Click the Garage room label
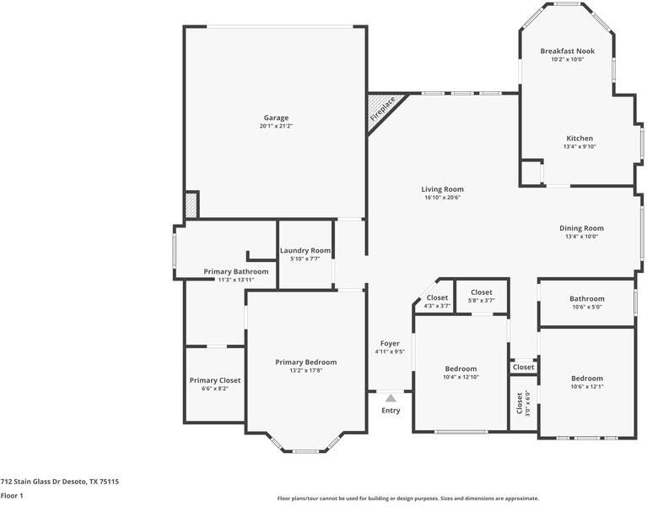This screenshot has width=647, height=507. click(276, 117)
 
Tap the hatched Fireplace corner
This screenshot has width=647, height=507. click(382, 109)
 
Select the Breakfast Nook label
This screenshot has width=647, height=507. click(568, 52)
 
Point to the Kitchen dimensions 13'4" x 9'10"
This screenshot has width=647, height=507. click(580, 146)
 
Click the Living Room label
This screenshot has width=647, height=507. click(442, 189)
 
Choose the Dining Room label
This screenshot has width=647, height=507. click(581, 228)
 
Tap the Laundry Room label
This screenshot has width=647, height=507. click(305, 250)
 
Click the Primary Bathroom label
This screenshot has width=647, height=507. click(236, 271)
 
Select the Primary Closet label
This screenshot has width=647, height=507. click(215, 380)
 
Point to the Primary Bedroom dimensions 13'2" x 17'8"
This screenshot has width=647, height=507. click(305, 370)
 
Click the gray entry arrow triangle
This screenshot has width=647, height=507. click(391, 398)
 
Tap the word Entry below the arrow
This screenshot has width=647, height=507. click(391, 411)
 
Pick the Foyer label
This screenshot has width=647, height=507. click(390, 343)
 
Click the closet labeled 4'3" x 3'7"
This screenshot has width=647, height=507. click(438, 301)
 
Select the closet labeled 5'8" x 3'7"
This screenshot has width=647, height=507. click(482, 296)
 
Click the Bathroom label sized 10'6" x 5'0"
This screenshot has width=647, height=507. click(587, 299)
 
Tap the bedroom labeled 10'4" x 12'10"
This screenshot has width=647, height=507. click(461, 373)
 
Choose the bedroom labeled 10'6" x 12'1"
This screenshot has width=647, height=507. click(587, 382)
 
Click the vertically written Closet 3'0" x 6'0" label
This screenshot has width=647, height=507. click(523, 403)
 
